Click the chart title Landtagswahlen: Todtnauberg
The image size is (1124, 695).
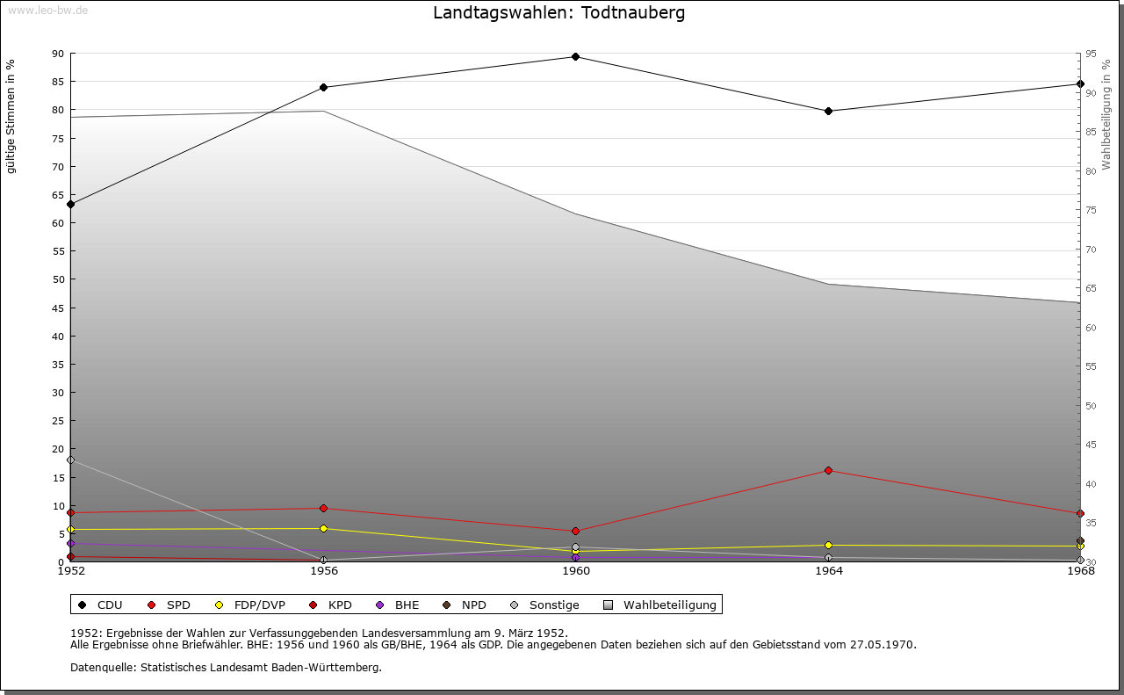(x=559, y=13)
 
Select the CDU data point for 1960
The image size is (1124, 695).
(x=575, y=57)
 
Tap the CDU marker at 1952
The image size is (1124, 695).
(x=71, y=205)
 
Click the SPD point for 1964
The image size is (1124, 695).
(x=828, y=471)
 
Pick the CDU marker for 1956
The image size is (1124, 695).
(x=324, y=88)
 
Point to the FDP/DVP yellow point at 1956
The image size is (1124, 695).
(x=324, y=529)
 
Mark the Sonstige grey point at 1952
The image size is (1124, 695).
(x=71, y=460)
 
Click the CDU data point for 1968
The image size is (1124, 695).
(x=1080, y=84)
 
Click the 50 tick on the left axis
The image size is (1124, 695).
(x=58, y=279)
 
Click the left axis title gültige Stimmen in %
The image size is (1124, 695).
(x=11, y=117)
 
